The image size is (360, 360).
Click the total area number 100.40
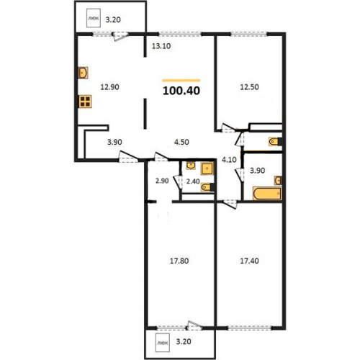(181, 91)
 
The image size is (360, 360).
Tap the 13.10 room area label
(161, 46)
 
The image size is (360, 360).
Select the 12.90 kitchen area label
(109, 87)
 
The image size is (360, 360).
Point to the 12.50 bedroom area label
(249, 87)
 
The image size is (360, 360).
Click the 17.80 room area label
(179, 261)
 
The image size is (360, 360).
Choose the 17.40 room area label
(249, 261)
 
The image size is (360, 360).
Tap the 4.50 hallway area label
(181, 142)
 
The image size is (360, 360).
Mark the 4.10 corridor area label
(229, 160)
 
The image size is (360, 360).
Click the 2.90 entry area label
(162, 181)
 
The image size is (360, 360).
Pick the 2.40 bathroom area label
(193, 181)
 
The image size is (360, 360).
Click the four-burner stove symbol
(85, 102)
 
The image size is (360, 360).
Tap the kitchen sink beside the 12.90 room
(83, 73)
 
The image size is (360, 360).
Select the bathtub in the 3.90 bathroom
(267, 194)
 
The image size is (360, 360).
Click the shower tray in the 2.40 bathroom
(207, 168)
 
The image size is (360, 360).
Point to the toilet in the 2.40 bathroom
(207, 187)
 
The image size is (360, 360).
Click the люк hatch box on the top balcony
(94, 18)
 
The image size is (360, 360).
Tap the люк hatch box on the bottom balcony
(163, 343)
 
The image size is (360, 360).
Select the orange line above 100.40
(181, 81)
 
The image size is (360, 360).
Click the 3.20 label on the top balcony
(113, 19)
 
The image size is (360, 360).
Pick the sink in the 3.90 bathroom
(278, 180)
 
